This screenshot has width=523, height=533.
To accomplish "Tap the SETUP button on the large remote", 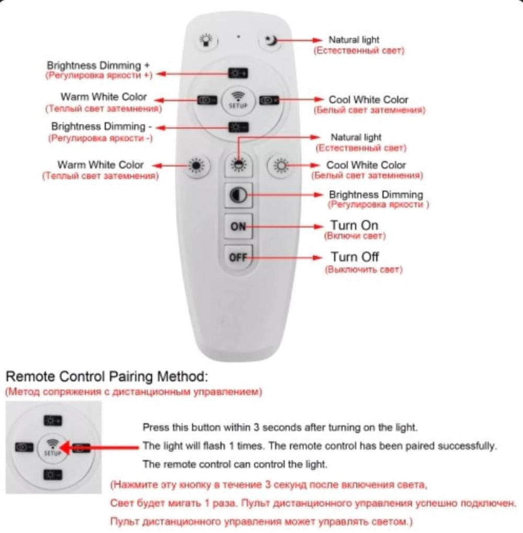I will point(238,99).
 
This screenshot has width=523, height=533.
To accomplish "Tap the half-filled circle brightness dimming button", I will point(238,195).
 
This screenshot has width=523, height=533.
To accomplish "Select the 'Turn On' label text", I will point(355,225).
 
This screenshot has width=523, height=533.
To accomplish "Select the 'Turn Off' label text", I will point(355,257).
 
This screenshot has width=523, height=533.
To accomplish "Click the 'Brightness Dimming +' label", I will point(98,66).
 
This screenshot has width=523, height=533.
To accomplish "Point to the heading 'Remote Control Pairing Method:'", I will point(107,376).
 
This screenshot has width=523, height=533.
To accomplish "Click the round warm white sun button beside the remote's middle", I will point(197,166).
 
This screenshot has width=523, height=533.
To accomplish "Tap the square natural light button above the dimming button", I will point(238,166).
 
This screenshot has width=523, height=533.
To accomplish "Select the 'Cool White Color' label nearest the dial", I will point(368,99).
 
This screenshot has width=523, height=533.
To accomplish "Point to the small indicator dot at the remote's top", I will point(238,37).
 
